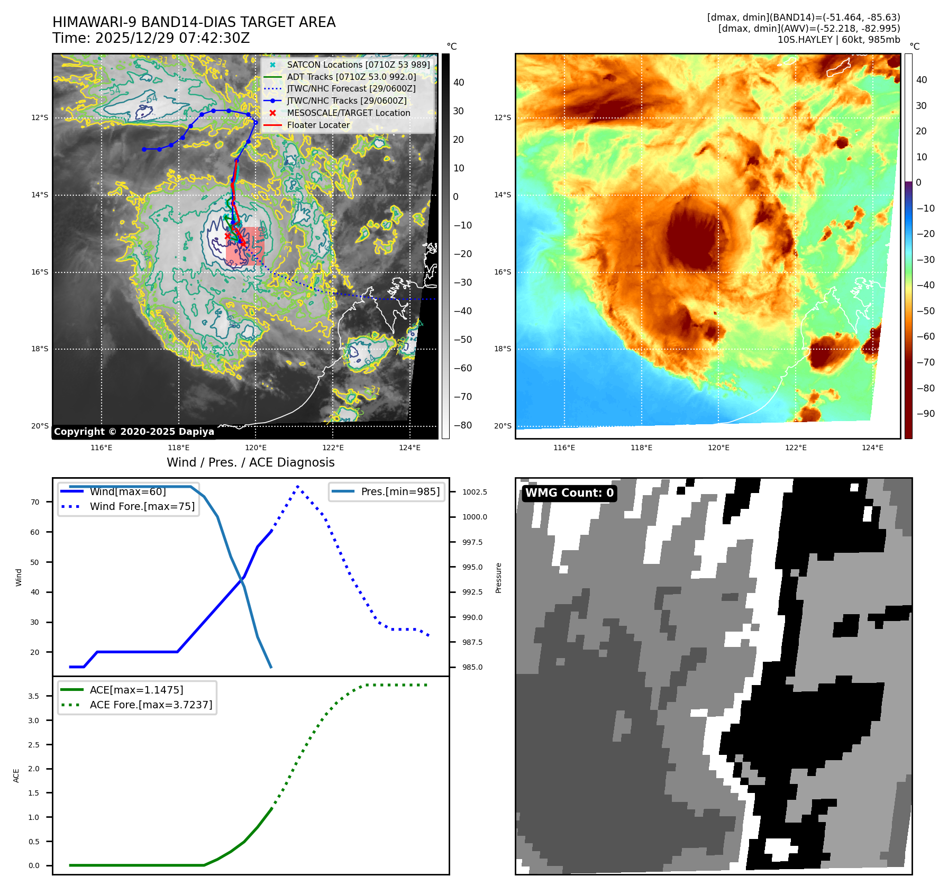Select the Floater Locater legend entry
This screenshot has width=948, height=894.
pos(318,125)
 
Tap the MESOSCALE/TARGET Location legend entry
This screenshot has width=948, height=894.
pos(348,113)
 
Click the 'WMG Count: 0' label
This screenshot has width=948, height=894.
pos(569,493)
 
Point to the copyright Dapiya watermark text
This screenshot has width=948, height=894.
pos(134,432)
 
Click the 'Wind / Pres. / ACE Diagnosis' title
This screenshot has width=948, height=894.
pos(250,462)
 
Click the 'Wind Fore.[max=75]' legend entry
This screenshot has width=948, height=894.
pos(142,506)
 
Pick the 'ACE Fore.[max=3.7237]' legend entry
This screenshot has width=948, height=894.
pos(151,705)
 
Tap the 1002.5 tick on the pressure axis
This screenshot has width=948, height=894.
pos(475,492)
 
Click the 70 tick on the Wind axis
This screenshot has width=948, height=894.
pos(35,502)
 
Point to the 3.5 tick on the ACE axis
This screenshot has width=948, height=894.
pos(34,696)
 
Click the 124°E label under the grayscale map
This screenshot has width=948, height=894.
pos(409,448)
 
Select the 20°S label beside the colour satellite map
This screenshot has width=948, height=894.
pos(503,426)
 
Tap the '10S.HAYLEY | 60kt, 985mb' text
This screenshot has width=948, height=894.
pos(838,40)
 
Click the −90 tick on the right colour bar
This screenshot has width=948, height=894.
pos(925,414)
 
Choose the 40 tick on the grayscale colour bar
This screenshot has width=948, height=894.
pos(459,83)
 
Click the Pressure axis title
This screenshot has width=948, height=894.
pos(498,578)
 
